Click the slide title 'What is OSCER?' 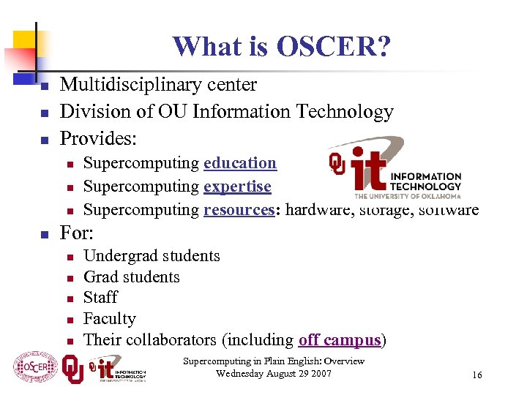tap(282, 48)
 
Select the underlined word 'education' tap(240, 163)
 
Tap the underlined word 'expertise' tap(237, 187)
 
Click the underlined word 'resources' tap(239, 210)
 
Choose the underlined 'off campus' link tap(340, 340)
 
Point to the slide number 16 tap(477, 375)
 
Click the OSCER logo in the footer tap(35, 367)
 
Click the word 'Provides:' tap(99, 138)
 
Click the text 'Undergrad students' tap(152, 256)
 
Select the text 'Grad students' tap(132, 277)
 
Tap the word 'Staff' tap(100, 298)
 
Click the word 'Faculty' tap(110, 319)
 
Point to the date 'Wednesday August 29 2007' tap(274, 374)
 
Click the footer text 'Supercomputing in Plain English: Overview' tap(274, 361)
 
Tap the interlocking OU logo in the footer tap(72, 368)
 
